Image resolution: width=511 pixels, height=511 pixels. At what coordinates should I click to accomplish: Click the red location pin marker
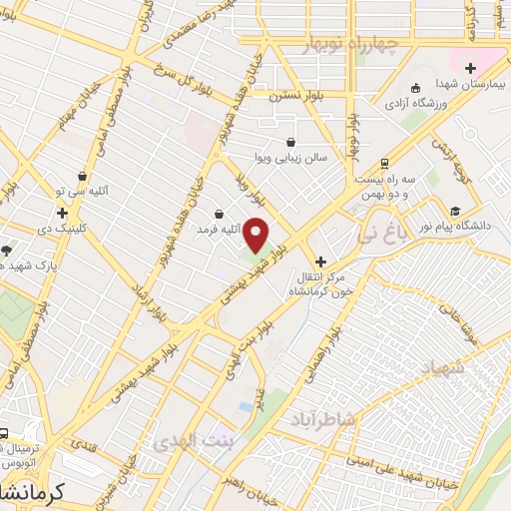coord(256,236)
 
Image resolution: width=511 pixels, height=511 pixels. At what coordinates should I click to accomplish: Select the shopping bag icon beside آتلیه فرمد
coord(220,214)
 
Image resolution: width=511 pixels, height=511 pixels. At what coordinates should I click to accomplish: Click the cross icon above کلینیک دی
coord(63,213)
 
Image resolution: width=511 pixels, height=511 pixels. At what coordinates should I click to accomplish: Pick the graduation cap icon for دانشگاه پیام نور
coord(456,211)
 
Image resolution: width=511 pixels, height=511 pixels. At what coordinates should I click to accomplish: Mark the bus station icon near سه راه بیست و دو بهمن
coord(384,164)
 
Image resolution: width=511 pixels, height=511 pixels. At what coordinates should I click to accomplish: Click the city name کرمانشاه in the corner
coord(28,493)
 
